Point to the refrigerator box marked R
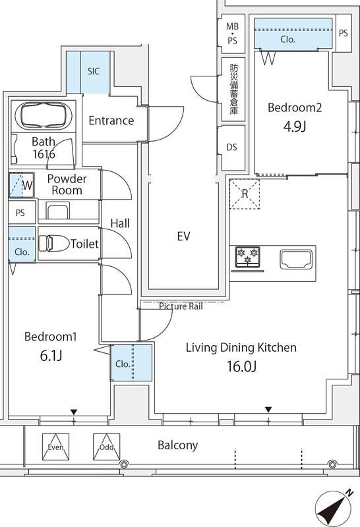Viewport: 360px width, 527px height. click(x=245, y=194)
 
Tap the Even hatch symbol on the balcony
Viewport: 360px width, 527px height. click(x=55, y=446)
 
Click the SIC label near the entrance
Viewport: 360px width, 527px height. click(x=94, y=71)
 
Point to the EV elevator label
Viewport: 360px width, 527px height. click(x=183, y=235)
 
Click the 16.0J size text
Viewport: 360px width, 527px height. click(x=241, y=366)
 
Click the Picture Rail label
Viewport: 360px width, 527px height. click(x=181, y=306)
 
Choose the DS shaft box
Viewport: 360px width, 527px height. click(x=231, y=147)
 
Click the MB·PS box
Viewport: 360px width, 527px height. click(x=232, y=32)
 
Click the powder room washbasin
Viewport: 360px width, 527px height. click(x=57, y=211)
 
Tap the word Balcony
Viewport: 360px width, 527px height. click(x=177, y=445)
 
